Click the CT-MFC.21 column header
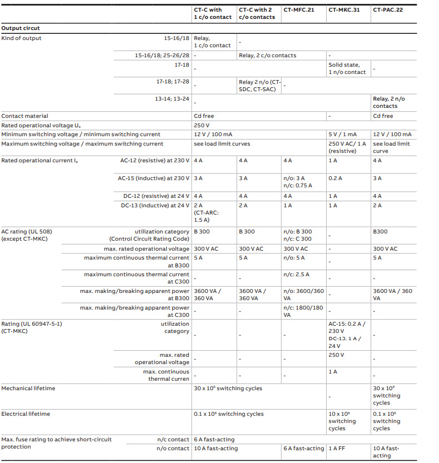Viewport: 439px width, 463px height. [298, 9]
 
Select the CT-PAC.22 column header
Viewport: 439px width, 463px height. [388, 9]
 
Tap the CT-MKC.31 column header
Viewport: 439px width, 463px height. [343, 9]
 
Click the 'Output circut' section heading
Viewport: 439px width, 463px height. [21, 28]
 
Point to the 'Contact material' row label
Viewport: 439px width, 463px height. [24, 116]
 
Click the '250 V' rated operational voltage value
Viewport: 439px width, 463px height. [201, 125]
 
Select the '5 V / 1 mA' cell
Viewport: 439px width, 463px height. [342, 135]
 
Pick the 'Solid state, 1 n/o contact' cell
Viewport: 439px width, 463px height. [347, 68]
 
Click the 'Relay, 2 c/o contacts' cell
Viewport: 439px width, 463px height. [267, 56]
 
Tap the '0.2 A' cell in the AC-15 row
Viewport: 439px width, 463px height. [335, 178]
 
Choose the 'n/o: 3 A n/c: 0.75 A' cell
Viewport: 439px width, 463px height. [297, 182]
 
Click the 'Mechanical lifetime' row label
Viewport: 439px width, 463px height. [28, 389]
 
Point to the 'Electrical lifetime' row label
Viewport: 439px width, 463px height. [26, 414]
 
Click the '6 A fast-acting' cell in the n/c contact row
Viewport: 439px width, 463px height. [216, 440]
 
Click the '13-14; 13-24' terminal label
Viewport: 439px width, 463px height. [172, 99]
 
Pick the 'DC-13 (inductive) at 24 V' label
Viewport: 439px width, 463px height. [155, 206]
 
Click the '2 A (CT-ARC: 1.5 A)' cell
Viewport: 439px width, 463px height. [207, 212]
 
